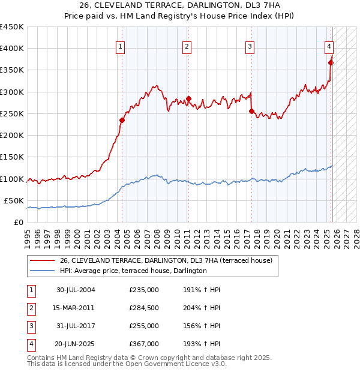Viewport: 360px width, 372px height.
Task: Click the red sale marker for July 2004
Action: (x=122, y=120)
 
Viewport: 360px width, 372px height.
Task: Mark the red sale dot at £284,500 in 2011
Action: (x=188, y=98)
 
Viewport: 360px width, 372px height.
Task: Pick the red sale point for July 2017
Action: (x=251, y=111)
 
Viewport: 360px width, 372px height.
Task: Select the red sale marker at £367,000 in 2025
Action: (x=331, y=62)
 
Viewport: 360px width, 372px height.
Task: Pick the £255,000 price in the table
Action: (x=144, y=326)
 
